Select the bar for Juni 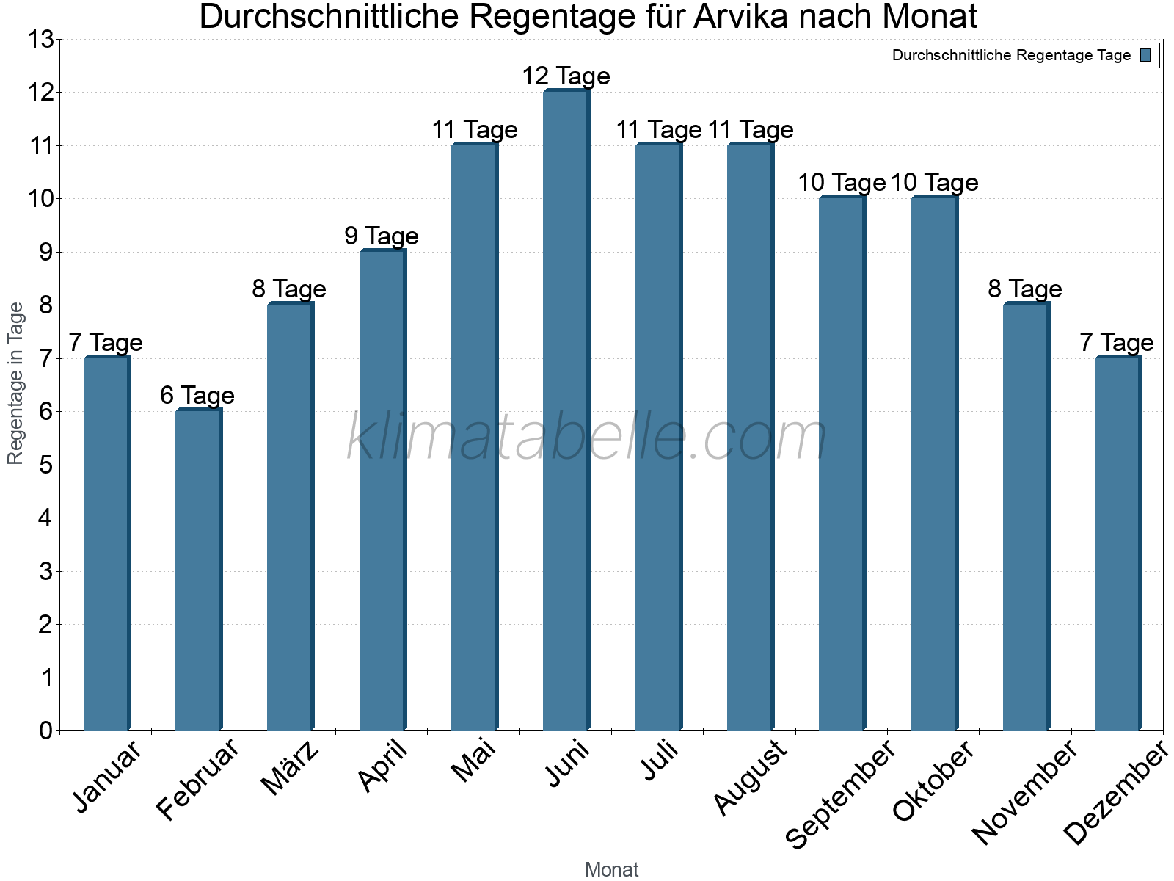566,411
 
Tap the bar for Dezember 1118,543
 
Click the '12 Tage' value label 566,76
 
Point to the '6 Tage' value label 197,395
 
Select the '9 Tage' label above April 382,236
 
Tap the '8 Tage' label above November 1025,289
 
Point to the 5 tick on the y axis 46,465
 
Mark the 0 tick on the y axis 46,730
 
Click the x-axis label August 750,778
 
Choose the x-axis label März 291,768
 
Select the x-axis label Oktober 933,781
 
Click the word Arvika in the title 742,17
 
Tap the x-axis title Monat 611,869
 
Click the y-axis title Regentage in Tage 15,383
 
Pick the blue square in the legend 1146,55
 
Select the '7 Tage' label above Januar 106,342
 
